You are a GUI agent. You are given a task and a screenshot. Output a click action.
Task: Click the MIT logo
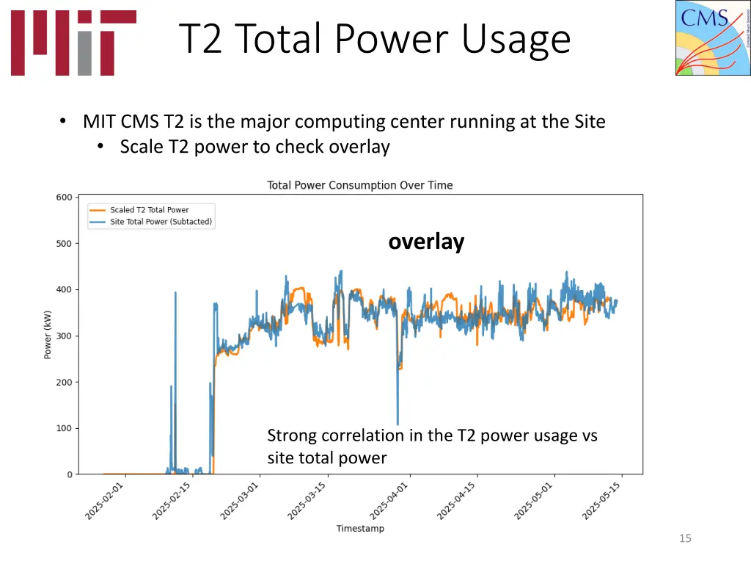pyautogui.click(x=73, y=42)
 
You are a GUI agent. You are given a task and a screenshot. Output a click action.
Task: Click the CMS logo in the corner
pyautogui.click(x=712, y=37)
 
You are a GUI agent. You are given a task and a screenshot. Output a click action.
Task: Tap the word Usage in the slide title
pyautogui.click(x=516, y=39)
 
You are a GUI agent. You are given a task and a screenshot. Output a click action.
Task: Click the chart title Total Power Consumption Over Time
pyautogui.click(x=359, y=185)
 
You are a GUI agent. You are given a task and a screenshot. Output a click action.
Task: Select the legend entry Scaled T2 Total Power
pyautogui.click(x=149, y=210)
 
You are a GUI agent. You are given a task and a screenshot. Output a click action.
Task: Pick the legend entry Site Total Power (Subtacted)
pyautogui.click(x=161, y=222)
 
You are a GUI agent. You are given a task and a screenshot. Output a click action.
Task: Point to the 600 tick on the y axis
pyautogui.click(x=64, y=197)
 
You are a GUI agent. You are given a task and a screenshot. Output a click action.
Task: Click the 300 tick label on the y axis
pyautogui.click(x=64, y=336)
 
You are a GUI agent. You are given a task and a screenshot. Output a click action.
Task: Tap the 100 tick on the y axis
pyautogui.click(x=64, y=428)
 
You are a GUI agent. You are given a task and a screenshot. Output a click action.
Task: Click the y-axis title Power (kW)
pyautogui.click(x=48, y=336)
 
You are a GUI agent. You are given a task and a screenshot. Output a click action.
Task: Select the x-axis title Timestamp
pyautogui.click(x=359, y=528)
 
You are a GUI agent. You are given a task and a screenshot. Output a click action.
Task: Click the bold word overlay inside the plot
pyautogui.click(x=426, y=242)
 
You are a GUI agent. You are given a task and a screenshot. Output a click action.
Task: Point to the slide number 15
pyautogui.click(x=685, y=538)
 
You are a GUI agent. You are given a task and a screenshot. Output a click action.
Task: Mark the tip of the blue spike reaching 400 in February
pyautogui.click(x=175, y=292)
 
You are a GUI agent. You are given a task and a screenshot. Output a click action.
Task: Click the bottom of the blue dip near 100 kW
pyautogui.click(x=398, y=424)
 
